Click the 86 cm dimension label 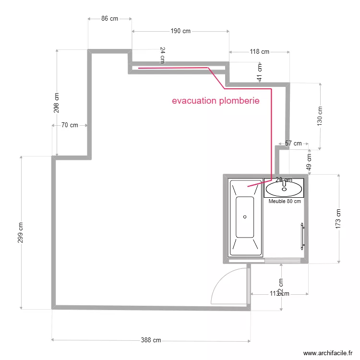coord(109,19)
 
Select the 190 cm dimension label coord(180,31)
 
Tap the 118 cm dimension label coord(259,51)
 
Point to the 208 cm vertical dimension coord(57,102)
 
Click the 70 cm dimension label coord(70,125)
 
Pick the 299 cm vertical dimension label coord(21,232)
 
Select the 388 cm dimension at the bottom coord(151,340)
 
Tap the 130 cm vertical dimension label coord(320,116)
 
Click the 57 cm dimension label coord(293,143)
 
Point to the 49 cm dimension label coord(309,161)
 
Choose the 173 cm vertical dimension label coord(338,218)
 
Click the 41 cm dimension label coord(260,72)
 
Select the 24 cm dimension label coord(162,55)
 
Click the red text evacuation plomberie coord(216,101)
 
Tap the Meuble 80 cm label coord(285,201)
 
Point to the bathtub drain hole coord(245,217)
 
